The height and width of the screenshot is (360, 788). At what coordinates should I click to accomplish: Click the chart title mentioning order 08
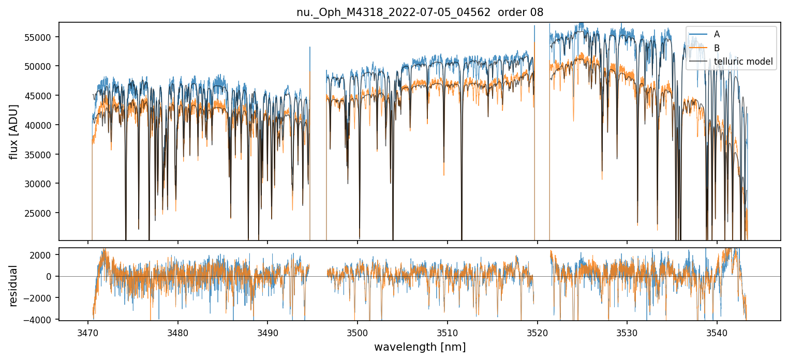420,12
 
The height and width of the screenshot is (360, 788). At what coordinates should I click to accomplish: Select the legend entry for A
717,34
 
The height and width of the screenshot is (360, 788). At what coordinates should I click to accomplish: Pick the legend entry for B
717,48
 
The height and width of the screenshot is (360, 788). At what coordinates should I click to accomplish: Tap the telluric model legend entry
743,62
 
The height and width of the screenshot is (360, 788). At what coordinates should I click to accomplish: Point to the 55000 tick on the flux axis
41,37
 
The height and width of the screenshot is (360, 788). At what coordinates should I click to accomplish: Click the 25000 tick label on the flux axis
41,213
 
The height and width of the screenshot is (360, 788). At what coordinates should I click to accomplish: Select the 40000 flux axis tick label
41,125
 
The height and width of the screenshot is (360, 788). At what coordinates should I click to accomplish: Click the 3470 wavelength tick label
88,331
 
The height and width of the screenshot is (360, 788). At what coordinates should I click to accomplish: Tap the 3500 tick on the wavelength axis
358,331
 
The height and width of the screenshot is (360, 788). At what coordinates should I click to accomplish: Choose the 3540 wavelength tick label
717,331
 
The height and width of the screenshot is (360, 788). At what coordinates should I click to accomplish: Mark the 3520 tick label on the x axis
538,331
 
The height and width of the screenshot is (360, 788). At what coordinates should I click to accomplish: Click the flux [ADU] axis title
13,131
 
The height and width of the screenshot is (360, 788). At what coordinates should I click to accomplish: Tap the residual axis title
13,286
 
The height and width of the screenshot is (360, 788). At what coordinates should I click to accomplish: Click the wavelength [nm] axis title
420,347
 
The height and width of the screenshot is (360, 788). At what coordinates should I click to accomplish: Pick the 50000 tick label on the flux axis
41,66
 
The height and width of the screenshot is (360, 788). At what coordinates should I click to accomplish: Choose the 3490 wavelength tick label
267,331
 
